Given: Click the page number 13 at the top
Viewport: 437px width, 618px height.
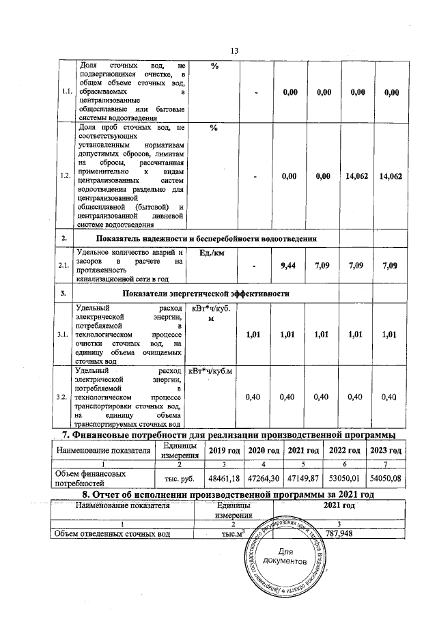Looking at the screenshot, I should click(x=234, y=51).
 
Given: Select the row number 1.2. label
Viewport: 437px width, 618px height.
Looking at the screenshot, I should click(x=64, y=175).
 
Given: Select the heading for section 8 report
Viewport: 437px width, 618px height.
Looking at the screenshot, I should click(x=229, y=493).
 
